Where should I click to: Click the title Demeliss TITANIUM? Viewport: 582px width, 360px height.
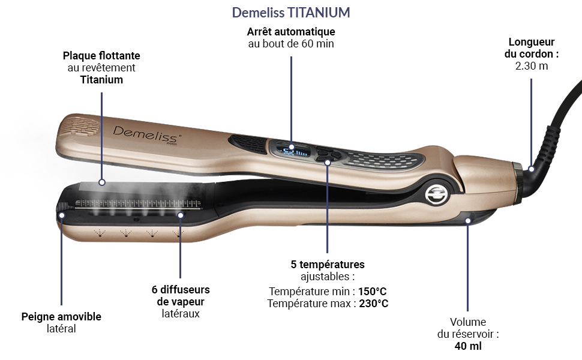point(291,13)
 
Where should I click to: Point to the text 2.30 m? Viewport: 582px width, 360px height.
point(531,65)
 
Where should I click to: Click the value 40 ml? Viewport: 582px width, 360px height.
point(468,346)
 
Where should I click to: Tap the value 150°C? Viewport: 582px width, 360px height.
point(373,291)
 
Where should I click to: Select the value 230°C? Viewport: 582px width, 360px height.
point(374,303)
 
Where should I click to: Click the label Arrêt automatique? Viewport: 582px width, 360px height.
point(291,31)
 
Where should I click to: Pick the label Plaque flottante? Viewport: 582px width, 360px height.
point(101,55)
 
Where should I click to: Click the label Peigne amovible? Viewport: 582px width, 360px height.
point(61,316)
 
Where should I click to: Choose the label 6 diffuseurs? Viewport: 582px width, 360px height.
point(181,289)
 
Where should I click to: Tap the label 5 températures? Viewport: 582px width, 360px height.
point(328,264)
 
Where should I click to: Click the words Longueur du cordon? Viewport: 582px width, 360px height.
point(531,47)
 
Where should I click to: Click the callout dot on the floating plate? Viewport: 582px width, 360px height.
point(102,181)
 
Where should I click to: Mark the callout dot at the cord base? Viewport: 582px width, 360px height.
point(531,169)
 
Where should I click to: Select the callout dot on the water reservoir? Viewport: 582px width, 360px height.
point(468,220)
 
